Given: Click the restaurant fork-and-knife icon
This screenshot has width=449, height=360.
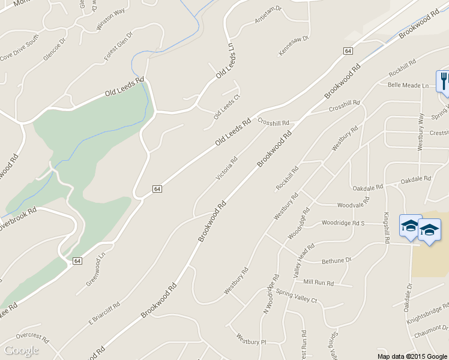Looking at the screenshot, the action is pyautogui.click(x=443, y=81).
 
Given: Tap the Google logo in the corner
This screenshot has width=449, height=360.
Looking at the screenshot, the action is pyautogui.click(x=21, y=350).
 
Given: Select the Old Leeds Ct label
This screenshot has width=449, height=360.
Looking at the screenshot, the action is pyautogui.click(x=227, y=107).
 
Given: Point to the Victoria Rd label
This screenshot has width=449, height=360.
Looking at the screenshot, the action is pyautogui.click(x=227, y=168).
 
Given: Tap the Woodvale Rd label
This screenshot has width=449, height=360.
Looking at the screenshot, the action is pyautogui.click(x=352, y=205).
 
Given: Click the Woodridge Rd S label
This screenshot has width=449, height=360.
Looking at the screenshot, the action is pyautogui.click(x=343, y=223).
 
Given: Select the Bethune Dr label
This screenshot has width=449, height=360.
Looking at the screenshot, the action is pyautogui.click(x=336, y=261).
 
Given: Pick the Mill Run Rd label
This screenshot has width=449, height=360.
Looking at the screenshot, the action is pyautogui.click(x=318, y=281).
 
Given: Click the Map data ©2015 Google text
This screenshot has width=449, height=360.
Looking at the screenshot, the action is pyautogui.click(x=412, y=356).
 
